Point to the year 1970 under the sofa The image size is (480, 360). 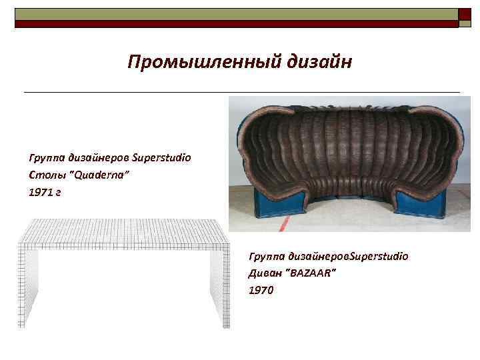point(260,290)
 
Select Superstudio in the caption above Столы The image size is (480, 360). point(161,158)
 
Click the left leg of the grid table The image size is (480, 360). point(28,287)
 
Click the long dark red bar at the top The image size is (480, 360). point(237,23)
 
